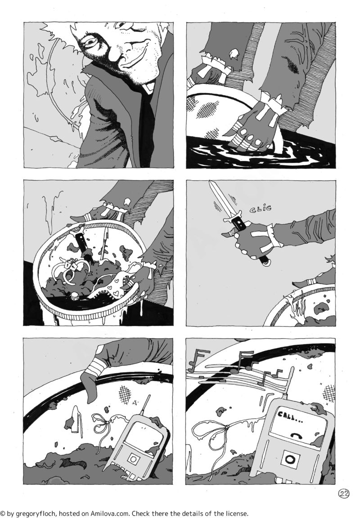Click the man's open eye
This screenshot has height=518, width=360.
pyautogui.click(x=89, y=41)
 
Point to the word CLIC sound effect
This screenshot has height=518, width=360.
pyautogui.click(x=261, y=209)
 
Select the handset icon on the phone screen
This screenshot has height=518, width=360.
pyautogui.click(x=295, y=435)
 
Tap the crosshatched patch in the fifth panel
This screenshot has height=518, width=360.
pyautogui.click(x=126, y=393)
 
